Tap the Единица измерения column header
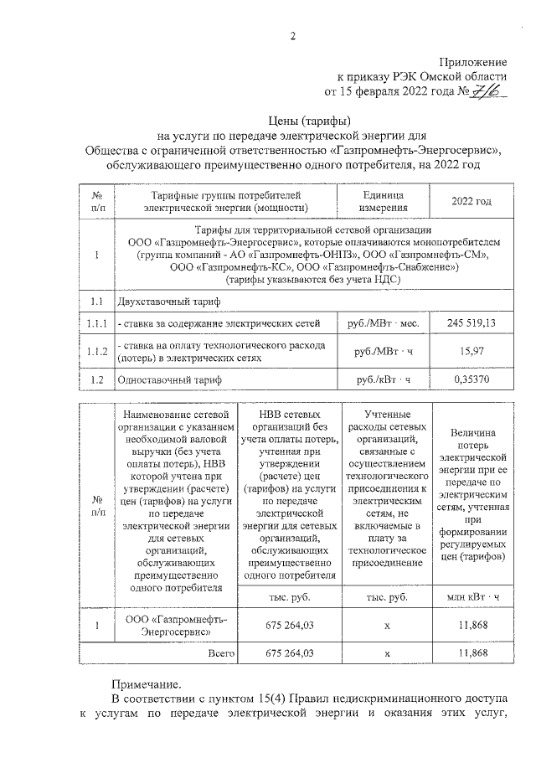click(383, 202)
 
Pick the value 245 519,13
click(472, 322)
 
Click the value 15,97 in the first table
click(472, 352)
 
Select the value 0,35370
click(472, 380)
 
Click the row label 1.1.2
click(96, 352)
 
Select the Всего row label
click(219, 652)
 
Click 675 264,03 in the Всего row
click(288, 652)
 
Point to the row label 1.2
click(96, 380)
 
